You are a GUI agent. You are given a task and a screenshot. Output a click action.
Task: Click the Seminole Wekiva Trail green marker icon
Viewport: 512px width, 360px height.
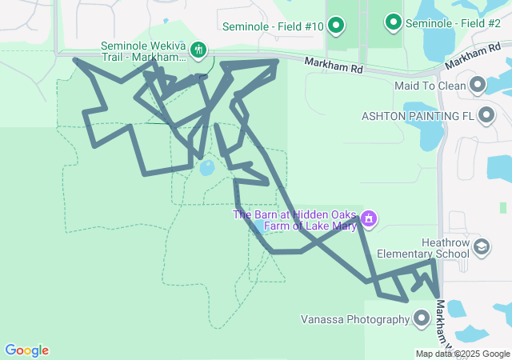(198, 51)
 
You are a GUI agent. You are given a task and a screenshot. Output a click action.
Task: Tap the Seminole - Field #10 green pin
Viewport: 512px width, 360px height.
(336, 26)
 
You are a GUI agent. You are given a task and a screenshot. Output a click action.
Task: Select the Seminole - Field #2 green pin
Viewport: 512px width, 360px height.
(393, 23)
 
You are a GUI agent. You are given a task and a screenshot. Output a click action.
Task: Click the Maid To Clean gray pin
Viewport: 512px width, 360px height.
(478, 85)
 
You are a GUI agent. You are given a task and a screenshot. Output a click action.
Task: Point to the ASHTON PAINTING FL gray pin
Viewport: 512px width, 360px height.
(486, 116)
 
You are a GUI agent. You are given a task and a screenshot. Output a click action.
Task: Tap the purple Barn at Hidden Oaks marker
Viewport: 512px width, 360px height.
(368, 218)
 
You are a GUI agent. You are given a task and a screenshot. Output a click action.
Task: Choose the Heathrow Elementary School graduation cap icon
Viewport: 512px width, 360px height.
(482, 247)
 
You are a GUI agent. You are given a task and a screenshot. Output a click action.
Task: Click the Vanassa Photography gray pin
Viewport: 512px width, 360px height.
(422, 320)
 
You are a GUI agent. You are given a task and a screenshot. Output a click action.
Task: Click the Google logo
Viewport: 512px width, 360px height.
(26, 350)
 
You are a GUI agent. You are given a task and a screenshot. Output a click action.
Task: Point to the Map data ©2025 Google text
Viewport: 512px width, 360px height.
(463, 354)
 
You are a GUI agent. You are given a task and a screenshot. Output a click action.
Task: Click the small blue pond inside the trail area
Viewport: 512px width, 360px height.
(206, 168)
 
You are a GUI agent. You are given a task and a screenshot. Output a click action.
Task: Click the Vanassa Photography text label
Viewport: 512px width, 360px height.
(355, 320)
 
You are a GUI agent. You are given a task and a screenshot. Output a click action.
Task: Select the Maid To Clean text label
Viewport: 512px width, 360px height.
(429, 85)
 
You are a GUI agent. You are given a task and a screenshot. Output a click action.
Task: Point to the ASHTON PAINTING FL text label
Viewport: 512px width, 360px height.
(418, 116)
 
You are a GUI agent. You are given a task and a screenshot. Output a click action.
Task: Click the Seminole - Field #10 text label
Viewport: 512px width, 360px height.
(273, 26)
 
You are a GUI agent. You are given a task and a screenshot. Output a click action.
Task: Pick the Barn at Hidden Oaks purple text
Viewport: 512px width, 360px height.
(294, 220)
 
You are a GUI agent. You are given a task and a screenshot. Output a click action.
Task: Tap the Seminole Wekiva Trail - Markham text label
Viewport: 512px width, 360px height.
(145, 51)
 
